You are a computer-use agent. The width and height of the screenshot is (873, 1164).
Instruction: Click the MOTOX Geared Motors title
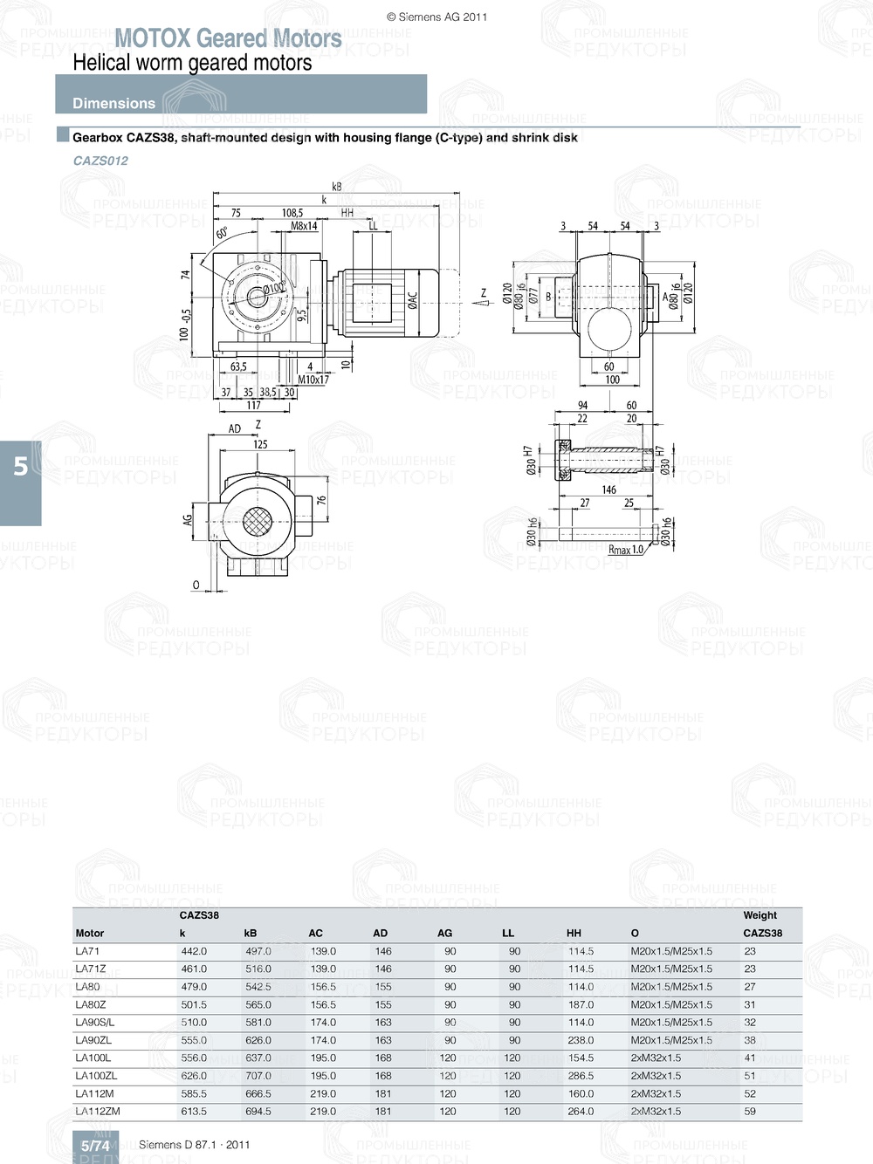coord(228,38)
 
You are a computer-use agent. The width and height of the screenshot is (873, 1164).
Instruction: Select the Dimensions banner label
coord(113,103)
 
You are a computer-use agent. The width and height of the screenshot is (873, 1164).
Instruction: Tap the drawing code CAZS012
coord(100,161)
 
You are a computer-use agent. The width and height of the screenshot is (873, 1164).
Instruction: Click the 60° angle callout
coord(222,233)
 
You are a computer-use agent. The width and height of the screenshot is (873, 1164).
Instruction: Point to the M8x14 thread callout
coord(304,226)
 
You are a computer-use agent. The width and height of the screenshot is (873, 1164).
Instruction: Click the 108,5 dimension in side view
coord(292,213)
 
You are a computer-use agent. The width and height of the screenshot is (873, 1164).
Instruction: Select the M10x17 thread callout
coord(313,380)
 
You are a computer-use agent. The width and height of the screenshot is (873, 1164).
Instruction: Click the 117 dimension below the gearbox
coord(253,405)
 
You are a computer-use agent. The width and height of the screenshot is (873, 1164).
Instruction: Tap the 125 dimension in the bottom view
coord(260,444)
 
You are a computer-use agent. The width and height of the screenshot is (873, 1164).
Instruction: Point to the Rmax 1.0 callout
coord(625,550)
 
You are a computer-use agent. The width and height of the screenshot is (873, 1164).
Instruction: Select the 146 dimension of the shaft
coord(608,490)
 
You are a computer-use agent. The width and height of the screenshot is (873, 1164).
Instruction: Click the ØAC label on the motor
coord(412,299)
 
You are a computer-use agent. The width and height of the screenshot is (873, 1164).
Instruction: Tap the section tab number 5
coord(20,467)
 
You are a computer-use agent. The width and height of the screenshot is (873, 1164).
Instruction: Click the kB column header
coord(251,933)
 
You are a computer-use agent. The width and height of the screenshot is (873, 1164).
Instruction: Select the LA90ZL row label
coord(93,1040)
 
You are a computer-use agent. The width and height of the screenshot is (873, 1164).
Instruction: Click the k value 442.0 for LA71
coord(194,951)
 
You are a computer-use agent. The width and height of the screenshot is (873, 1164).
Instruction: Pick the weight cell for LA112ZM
coord(750,1112)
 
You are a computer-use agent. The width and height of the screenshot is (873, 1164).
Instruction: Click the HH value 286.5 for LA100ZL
coord(581,1076)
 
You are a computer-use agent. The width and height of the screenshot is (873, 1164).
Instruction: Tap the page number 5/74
coord(95,1146)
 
